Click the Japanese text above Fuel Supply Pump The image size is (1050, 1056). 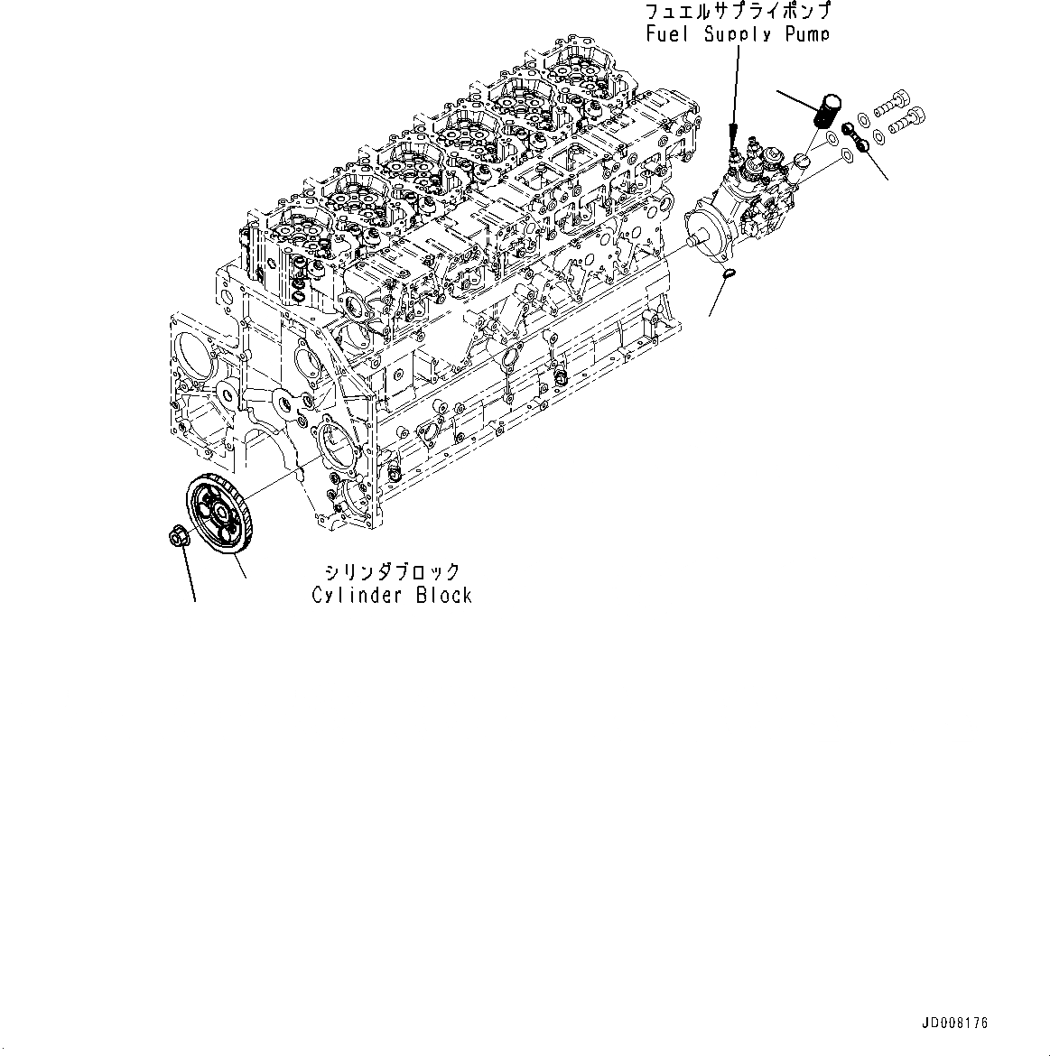pyautogui.click(x=738, y=13)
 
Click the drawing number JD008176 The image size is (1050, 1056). pyautogui.click(x=955, y=1023)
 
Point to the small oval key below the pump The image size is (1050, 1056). pyautogui.click(x=729, y=272)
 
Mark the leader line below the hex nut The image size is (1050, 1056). pyautogui.click(x=190, y=574)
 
